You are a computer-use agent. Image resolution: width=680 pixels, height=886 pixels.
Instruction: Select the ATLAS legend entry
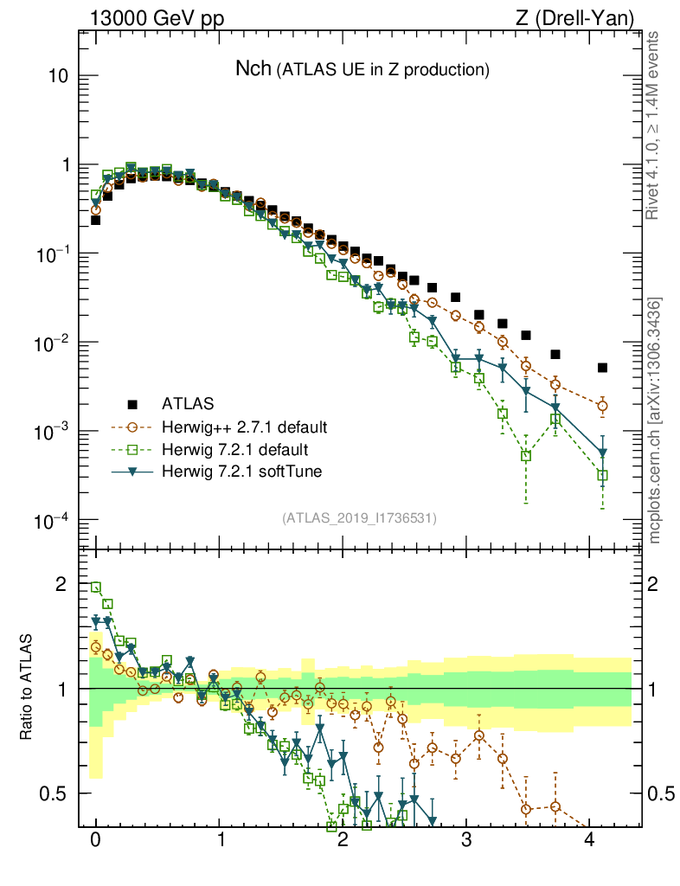tap(185, 403)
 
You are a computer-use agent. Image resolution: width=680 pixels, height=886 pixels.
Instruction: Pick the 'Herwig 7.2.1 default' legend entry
tap(235, 449)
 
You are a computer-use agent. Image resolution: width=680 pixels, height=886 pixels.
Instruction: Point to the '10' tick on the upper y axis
tap(58, 76)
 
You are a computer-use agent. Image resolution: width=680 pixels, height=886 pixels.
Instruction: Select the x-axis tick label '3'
tap(466, 840)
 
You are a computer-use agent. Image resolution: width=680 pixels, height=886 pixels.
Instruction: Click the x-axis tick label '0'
tap(96, 840)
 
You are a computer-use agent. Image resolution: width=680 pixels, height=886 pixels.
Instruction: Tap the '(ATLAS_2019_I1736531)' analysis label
tap(358, 518)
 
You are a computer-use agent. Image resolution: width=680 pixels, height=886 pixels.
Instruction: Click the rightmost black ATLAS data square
tap(602, 368)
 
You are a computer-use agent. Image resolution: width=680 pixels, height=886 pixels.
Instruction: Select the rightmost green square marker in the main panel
tap(602, 475)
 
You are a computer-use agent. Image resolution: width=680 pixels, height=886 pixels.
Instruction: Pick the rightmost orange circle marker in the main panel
tap(602, 405)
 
